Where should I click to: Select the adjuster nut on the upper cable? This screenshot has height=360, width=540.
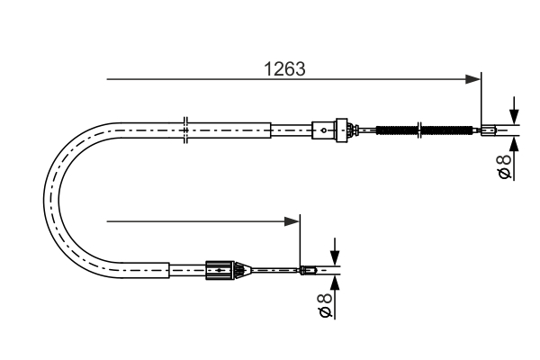[x=342, y=130]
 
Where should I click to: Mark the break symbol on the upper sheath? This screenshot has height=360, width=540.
[x=184, y=130]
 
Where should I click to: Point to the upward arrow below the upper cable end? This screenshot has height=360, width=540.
[x=513, y=141]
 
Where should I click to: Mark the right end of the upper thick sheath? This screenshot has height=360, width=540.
[x=270, y=130]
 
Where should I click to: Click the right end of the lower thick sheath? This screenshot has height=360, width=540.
[x=169, y=268]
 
